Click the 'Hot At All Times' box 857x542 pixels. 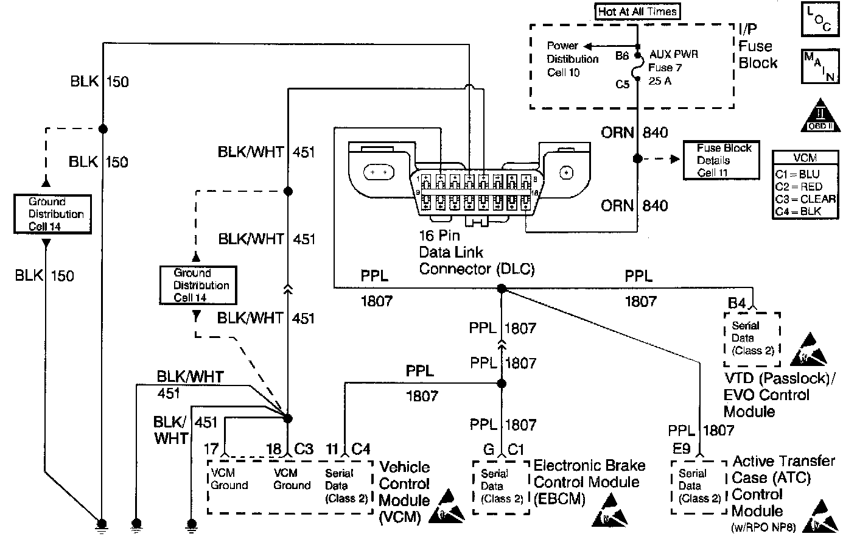click(637, 11)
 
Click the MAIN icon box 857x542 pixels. click(820, 66)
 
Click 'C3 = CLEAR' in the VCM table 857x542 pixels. click(805, 199)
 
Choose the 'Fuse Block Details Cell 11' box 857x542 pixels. click(721, 160)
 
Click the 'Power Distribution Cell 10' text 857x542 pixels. click(572, 59)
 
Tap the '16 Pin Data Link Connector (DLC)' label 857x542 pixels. click(476, 252)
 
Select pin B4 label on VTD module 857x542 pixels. click(736, 302)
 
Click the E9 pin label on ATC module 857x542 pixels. click(681, 449)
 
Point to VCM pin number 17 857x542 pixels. click(211, 449)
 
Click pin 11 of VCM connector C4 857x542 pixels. click(332, 449)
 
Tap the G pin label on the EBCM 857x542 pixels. click(488, 449)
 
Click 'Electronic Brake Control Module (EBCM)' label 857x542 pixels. click(589, 482)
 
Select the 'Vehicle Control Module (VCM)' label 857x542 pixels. click(404, 492)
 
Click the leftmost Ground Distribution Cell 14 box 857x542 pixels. click(52, 214)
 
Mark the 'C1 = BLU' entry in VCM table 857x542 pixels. click(797, 174)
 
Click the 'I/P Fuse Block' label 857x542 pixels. click(758, 46)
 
